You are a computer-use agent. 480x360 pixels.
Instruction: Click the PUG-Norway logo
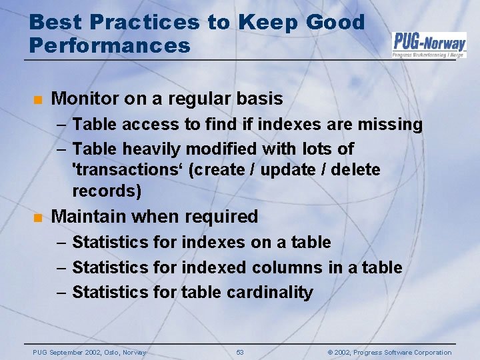[429, 44]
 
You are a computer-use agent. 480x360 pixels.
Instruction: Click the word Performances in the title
[110, 46]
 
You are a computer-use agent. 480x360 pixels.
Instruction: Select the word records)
[107, 191]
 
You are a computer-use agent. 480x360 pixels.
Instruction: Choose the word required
[225, 217]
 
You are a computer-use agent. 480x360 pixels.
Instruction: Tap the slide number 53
[240, 352]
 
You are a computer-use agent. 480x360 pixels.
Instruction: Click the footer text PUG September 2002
[89, 352]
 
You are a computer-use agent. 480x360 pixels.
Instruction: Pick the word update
[287, 170]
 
